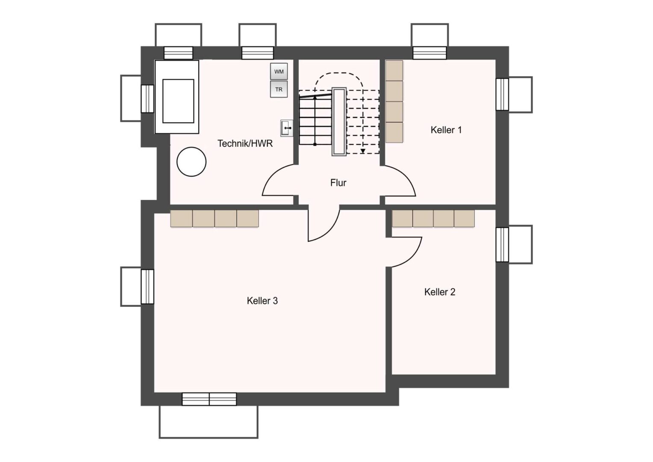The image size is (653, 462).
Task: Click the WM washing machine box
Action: [x=279, y=71]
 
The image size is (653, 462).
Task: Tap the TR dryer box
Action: [x=279, y=89]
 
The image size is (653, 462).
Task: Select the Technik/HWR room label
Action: [x=245, y=143]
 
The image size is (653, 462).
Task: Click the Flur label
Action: [x=338, y=183]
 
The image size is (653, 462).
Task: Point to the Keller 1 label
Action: [x=446, y=130]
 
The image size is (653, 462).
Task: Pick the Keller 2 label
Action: [x=440, y=292]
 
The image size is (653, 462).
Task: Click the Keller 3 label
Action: [x=262, y=301]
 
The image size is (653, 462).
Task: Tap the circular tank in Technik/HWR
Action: [x=191, y=162]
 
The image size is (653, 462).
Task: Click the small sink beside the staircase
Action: [x=287, y=128]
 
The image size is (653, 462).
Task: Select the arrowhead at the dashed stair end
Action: [x=363, y=151]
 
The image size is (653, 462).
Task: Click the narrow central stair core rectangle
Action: [x=339, y=121]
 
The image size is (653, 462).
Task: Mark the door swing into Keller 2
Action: [x=412, y=257]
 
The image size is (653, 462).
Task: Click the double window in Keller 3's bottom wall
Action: [x=209, y=399]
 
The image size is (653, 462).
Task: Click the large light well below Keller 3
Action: [x=209, y=422]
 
